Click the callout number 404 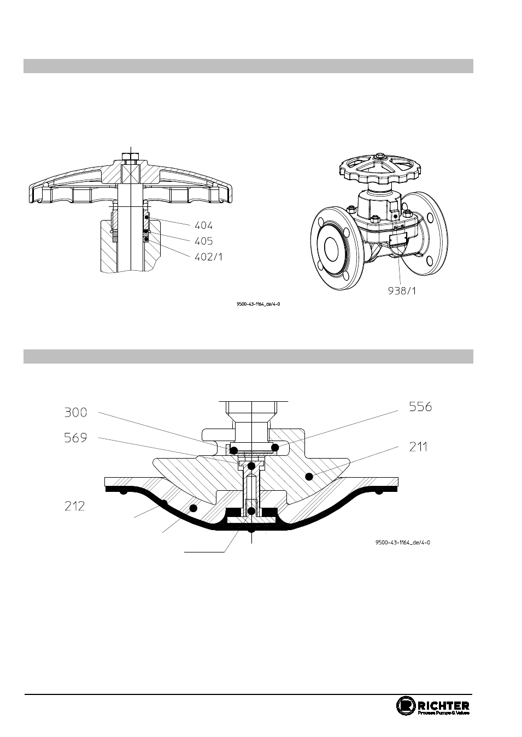pyautogui.click(x=203, y=225)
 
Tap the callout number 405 pyautogui.click(x=203, y=241)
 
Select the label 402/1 pyautogui.click(x=208, y=257)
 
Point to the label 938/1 pyautogui.click(x=402, y=290)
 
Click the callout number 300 pyautogui.click(x=76, y=412)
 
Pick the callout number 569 pyautogui.click(x=76, y=438)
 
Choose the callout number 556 pyautogui.click(x=420, y=407)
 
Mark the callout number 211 pyautogui.click(x=418, y=447)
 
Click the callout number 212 pyautogui.click(x=74, y=506)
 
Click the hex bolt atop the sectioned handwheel pyautogui.click(x=131, y=156)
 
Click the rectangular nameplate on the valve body pyautogui.click(x=398, y=239)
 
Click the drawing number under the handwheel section pyautogui.click(x=258, y=304)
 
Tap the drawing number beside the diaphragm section pyautogui.click(x=403, y=543)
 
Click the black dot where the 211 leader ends pyautogui.click(x=309, y=476)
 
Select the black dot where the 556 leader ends pyautogui.click(x=275, y=448)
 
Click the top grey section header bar pyautogui.click(x=248, y=66)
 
